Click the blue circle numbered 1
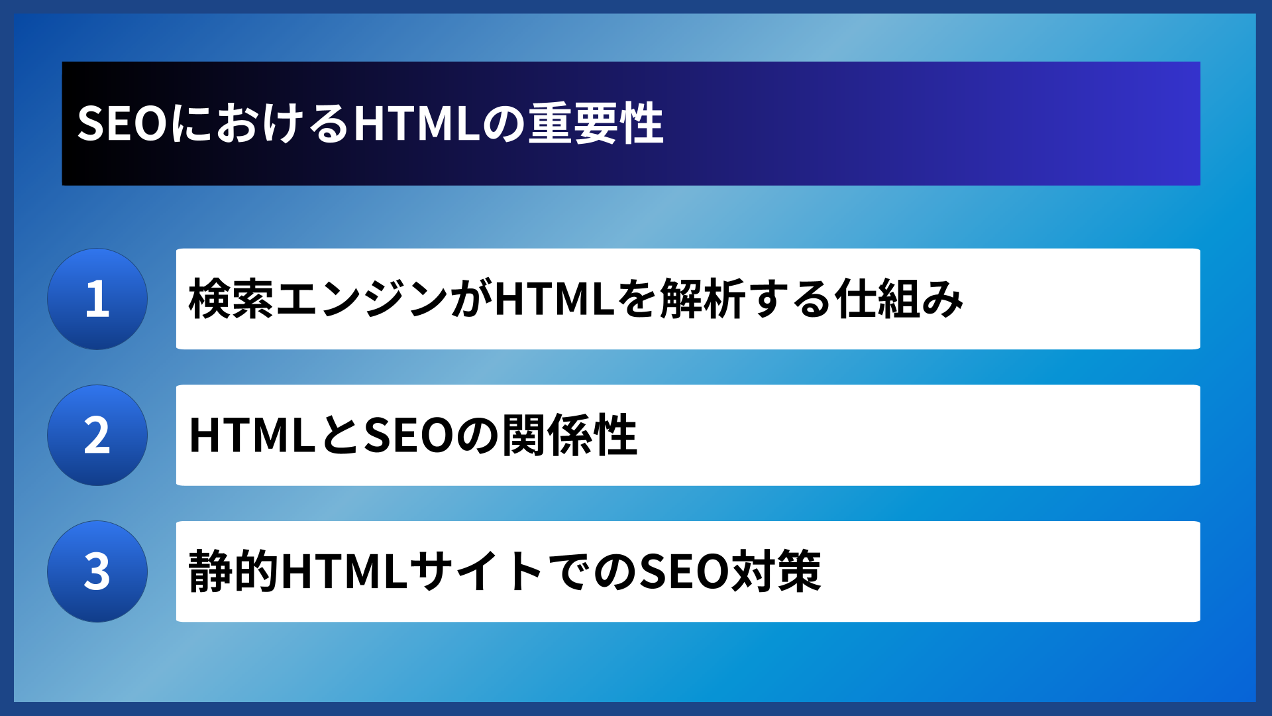click(x=97, y=299)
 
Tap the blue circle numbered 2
click(x=97, y=436)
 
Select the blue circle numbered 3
click(x=97, y=571)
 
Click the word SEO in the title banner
click(x=122, y=124)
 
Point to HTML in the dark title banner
click(x=417, y=124)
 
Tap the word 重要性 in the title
click(x=596, y=124)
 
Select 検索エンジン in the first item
click(x=319, y=299)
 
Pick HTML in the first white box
click(x=555, y=299)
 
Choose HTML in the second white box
click(x=252, y=436)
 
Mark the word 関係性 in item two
click(x=569, y=436)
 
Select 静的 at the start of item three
click(x=233, y=571)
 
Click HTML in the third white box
click(x=344, y=571)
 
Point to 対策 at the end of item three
click(x=775, y=571)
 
